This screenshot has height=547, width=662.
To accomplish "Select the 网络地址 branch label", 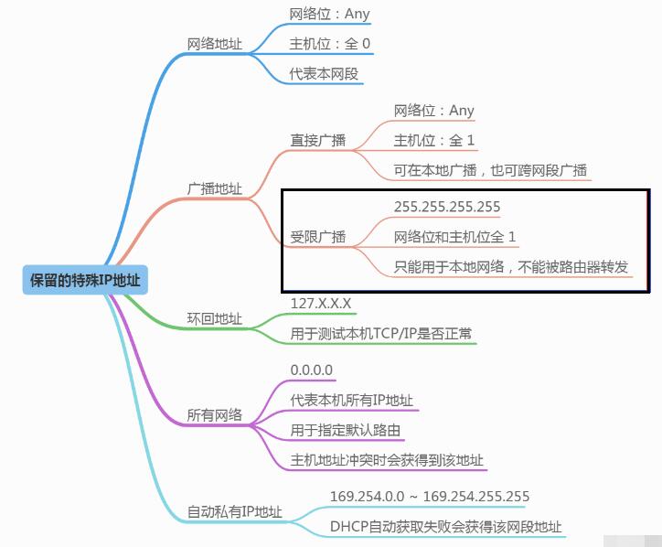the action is [x=215, y=44].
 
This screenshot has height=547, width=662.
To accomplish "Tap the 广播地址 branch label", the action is [x=215, y=188].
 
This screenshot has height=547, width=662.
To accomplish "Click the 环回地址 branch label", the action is [x=215, y=318].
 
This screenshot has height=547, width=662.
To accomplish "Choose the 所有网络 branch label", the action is [x=215, y=414].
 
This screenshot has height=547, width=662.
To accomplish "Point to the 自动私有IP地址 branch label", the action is [x=235, y=511].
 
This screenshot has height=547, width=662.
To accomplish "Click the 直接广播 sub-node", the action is [x=318, y=140].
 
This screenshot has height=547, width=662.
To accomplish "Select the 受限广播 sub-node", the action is [x=318, y=237].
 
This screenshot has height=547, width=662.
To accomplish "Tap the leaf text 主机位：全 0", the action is [x=330, y=44].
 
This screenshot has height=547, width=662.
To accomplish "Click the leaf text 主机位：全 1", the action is [x=434, y=141].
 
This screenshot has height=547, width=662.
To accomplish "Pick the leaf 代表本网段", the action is [x=324, y=74].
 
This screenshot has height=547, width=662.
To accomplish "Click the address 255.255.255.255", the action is [x=447, y=208].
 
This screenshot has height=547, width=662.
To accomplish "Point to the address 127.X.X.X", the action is [x=321, y=303].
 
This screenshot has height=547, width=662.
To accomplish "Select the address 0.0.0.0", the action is [x=312, y=370].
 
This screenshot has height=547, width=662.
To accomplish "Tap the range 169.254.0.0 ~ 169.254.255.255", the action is [x=429, y=497].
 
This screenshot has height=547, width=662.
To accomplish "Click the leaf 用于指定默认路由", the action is [x=346, y=430].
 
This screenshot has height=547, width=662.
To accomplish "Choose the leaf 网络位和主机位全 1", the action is [x=455, y=237].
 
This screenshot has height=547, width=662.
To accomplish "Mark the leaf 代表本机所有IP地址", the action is [x=352, y=400].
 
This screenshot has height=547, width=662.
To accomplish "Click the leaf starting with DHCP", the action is [x=446, y=527].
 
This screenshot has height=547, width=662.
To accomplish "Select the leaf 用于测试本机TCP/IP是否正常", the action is [x=381, y=334].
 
